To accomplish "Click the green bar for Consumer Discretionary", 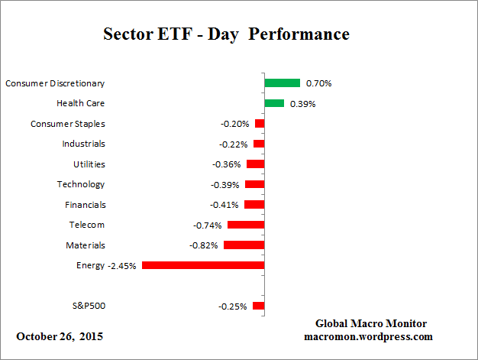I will coord(282,83).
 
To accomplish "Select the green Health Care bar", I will coord(274,103).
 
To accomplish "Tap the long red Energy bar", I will coord(203,265).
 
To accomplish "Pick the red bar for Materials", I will coord(244,245).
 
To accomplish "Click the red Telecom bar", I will coord(245,225).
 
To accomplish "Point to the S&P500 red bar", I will coord(258,306).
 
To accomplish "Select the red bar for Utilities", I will coord(255,164).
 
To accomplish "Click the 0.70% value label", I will coord(318,83).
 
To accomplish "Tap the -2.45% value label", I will coord(122,265).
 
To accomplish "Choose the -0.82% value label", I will coord(204,245).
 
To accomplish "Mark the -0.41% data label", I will coord(224,205).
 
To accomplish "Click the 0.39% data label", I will coord(302,103).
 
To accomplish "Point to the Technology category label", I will coord(81,184).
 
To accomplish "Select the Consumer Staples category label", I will coord(68,123).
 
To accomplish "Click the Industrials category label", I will coord(83,144).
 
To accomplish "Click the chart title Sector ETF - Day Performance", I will coord(226,34).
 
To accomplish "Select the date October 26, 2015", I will coord(60,336).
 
